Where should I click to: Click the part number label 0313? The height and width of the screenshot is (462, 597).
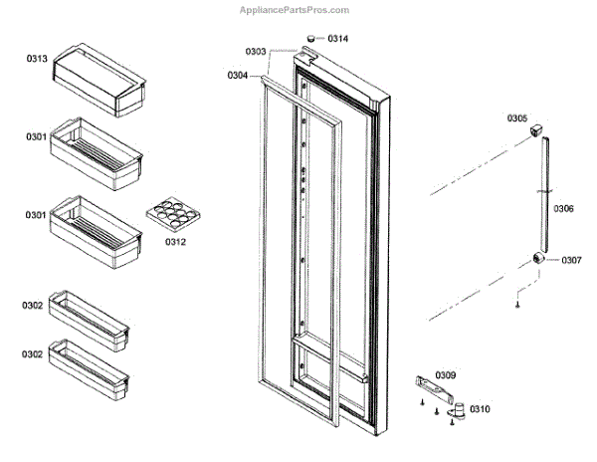[37, 59]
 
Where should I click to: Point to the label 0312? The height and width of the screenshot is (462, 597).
[175, 242]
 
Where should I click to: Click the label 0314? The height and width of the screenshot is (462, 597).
[338, 39]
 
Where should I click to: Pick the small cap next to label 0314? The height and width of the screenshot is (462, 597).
[311, 38]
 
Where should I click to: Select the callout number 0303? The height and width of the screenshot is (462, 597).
[256, 50]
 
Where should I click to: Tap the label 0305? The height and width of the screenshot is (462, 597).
[517, 117]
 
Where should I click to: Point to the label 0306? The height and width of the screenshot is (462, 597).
[563, 209]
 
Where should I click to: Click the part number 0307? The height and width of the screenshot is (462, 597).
[570, 261]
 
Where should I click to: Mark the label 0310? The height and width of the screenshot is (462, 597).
[480, 408]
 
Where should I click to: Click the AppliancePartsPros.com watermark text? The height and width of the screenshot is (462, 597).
[295, 10]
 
